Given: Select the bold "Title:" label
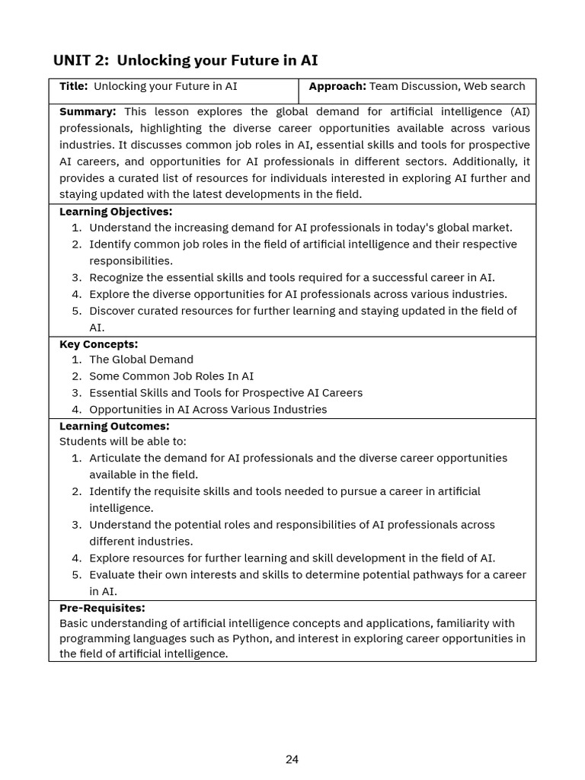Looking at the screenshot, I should (73, 87).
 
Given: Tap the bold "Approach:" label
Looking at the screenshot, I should (337, 87).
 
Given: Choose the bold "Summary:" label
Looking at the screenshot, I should (88, 112).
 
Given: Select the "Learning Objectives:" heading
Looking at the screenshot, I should (116, 212).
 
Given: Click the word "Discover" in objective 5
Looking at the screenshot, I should (113, 311).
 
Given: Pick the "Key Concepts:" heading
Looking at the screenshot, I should (98, 344).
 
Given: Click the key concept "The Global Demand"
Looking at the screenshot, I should (141, 360).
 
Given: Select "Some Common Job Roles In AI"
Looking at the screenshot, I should (171, 376).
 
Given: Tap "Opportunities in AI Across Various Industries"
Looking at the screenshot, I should (208, 410).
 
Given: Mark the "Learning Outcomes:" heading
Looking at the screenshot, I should (114, 427).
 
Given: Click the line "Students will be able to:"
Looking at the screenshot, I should (123, 442).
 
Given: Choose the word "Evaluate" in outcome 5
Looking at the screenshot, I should (113, 575).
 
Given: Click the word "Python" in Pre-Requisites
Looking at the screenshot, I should (252, 639).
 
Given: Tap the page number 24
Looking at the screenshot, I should (292, 759).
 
